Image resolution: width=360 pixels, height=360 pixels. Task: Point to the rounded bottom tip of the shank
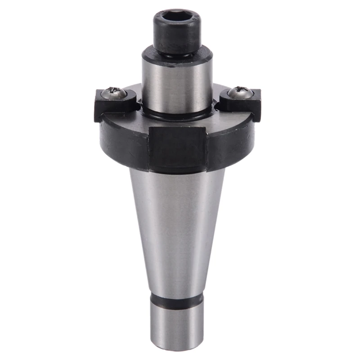click(x=176, y=346)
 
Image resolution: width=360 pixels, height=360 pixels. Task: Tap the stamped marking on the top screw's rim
click(x=195, y=19)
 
